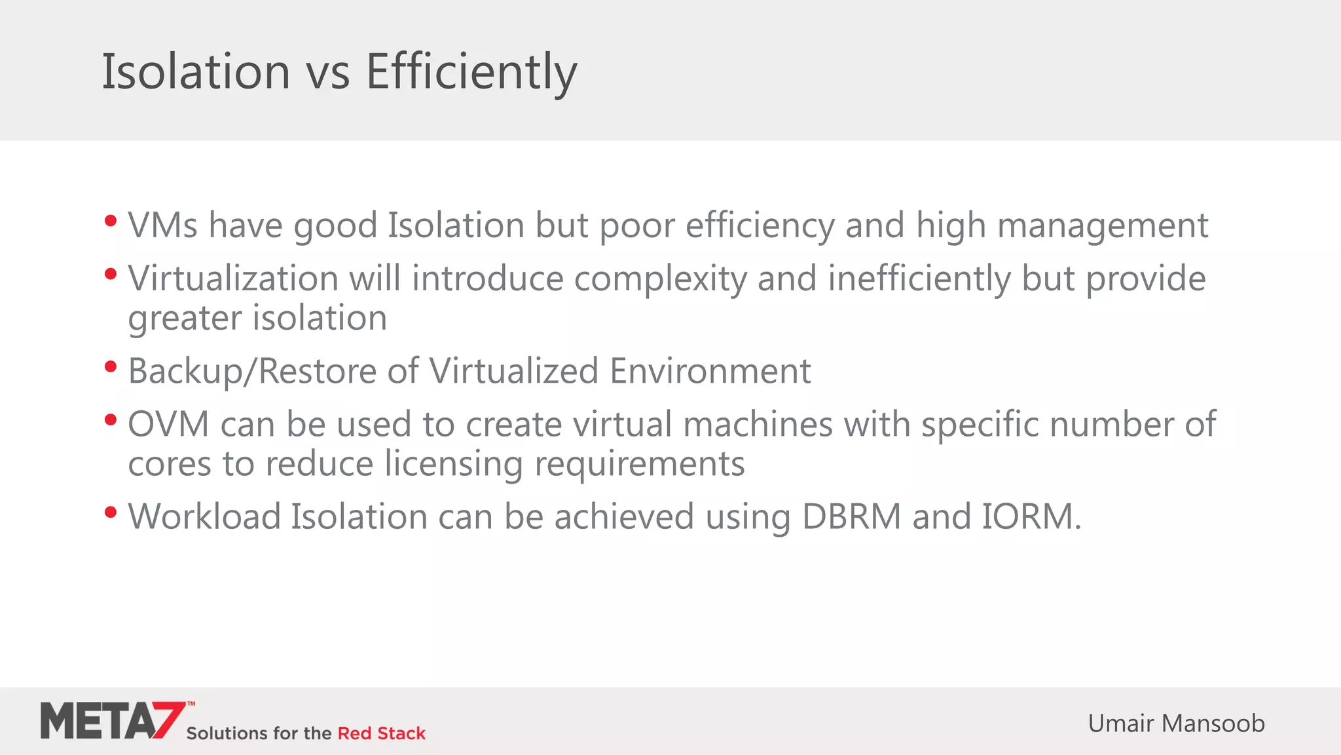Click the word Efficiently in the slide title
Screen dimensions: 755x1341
(x=471, y=71)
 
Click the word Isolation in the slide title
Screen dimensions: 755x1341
(x=196, y=71)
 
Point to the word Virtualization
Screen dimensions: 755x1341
(x=232, y=279)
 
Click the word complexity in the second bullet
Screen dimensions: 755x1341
(x=660, y=279)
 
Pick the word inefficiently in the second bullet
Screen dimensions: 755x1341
(x=919, y=279)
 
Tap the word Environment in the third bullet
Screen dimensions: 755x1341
(x=710, y=371)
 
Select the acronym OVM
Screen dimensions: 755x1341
(x=168, y=424)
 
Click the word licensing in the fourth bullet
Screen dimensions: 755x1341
(x=453, y=464)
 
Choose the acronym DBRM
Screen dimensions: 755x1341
(x=851, y=516)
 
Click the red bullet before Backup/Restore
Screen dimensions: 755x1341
(x=111, y=366)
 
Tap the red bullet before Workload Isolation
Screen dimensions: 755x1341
(x=111, y=512)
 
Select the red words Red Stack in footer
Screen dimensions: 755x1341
(x=381, y=733)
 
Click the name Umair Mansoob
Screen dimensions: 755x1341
(x=1176, y=724)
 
